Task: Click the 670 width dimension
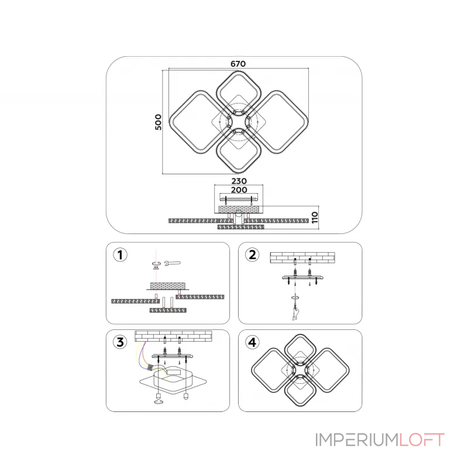coord(238,64)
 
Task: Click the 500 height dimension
coord(158,122)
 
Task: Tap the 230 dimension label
coord(239,181)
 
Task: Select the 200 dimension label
coord(239,190)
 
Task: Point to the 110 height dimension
coord(315,218)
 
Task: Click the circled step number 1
coord(120,255)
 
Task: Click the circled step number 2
coord(252,255)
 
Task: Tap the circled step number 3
coord(120,342)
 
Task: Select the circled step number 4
coord(252,342)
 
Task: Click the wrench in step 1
coord(172,263)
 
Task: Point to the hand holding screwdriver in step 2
coord(295,314)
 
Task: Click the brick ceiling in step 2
coord(302,257)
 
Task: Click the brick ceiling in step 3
coord(173,336)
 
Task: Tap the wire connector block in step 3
coord(151,368)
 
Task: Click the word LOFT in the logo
coord(422,440)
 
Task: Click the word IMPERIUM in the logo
coord(357,440)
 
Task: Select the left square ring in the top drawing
coord(173,122)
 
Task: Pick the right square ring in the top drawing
coord(304,122)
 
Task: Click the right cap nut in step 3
coord(186,397)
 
